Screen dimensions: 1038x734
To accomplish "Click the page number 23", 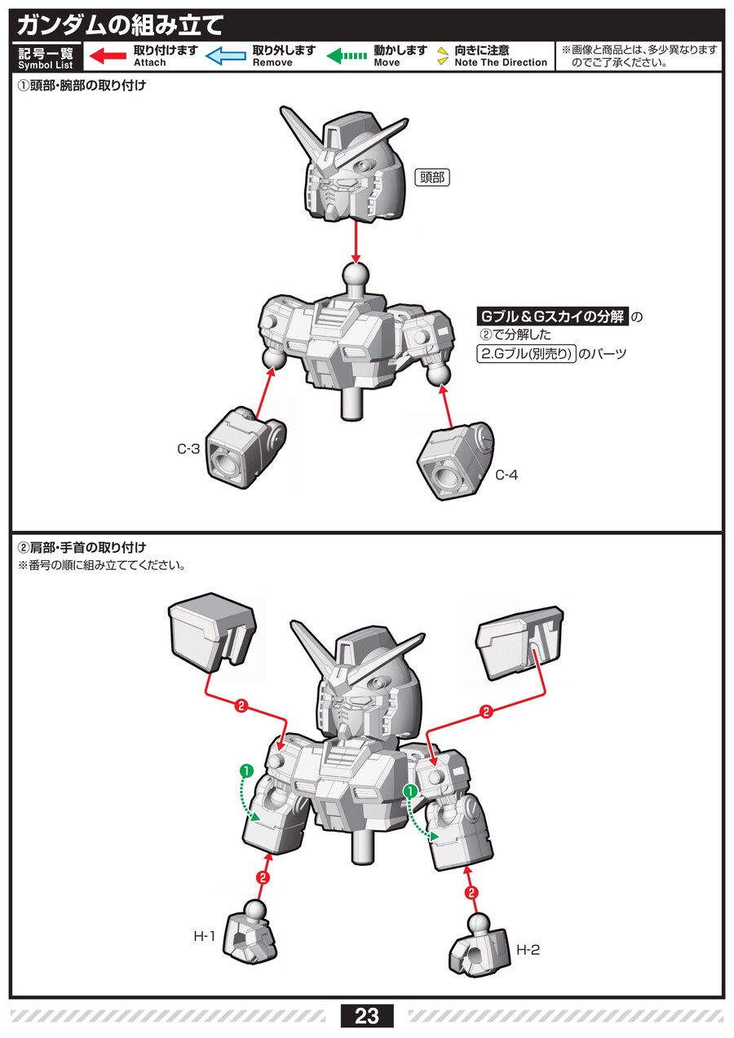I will (367, 1016).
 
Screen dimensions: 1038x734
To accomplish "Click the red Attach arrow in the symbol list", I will (107, 56).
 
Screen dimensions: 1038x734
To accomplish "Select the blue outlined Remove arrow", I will (225, 56).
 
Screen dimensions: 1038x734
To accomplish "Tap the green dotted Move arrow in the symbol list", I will (347, 56).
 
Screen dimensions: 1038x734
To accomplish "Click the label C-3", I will (188, 448).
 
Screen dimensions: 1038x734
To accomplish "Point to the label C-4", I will (506, 475).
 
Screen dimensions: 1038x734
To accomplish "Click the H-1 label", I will (204, 937).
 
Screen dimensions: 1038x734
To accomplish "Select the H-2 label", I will (528, 950).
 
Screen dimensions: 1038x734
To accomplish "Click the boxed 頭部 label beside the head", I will (432, 177).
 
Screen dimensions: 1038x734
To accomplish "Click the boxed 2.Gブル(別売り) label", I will (526, 354).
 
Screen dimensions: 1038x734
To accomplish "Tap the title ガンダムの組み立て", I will (119, 24).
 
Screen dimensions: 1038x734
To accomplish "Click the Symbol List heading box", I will (46, 57).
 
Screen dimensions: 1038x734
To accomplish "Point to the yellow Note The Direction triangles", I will (441, 56).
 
